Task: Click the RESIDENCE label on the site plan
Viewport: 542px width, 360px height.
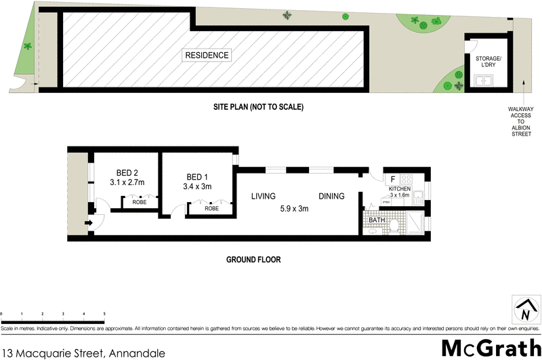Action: (x=207, y=56)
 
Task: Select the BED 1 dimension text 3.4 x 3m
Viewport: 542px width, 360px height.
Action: (x=197, y=186)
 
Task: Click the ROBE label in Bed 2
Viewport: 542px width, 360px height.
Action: (x=139, y=202)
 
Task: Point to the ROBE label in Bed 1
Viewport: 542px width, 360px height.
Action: (x=211, y=209)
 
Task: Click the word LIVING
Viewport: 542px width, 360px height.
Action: (x=263, y=197)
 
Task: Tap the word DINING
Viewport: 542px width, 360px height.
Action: (x=332, y=197)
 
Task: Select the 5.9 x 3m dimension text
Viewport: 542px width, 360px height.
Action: (x=294, y=209)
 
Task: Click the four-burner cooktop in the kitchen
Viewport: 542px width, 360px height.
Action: (x=408, y=180)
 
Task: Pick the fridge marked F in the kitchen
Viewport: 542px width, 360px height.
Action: (x=392, y=180)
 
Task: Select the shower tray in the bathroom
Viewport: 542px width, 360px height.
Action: (x=414, y=222)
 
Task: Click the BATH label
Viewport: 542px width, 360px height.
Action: (x=377, y=220)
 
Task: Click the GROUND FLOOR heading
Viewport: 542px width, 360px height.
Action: (x=254, y=260)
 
